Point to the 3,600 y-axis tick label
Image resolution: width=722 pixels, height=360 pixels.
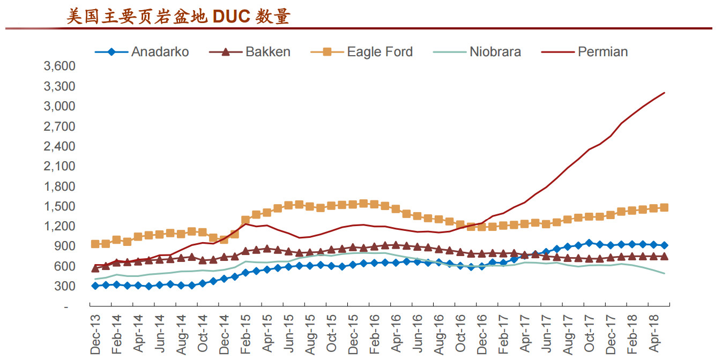(x=59, y=66)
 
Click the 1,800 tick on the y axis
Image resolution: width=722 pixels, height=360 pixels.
(x=59, y=186)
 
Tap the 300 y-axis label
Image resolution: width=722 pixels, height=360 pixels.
(x=65, y=286)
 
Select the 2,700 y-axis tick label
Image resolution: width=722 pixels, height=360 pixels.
(x=59, y=126)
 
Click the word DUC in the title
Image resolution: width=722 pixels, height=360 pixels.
(x=231, y=17)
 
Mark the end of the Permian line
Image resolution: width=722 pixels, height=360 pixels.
(x=664, y=93)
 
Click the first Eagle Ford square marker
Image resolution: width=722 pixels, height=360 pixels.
(x=95, y=244)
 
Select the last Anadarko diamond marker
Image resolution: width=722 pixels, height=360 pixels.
(x=664, y=245)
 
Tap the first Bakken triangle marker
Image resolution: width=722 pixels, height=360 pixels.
(x=95, y=267)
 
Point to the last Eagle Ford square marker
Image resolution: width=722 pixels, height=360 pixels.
(x=664, y=208)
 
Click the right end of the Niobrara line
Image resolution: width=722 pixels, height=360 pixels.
(x=664, y=274)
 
